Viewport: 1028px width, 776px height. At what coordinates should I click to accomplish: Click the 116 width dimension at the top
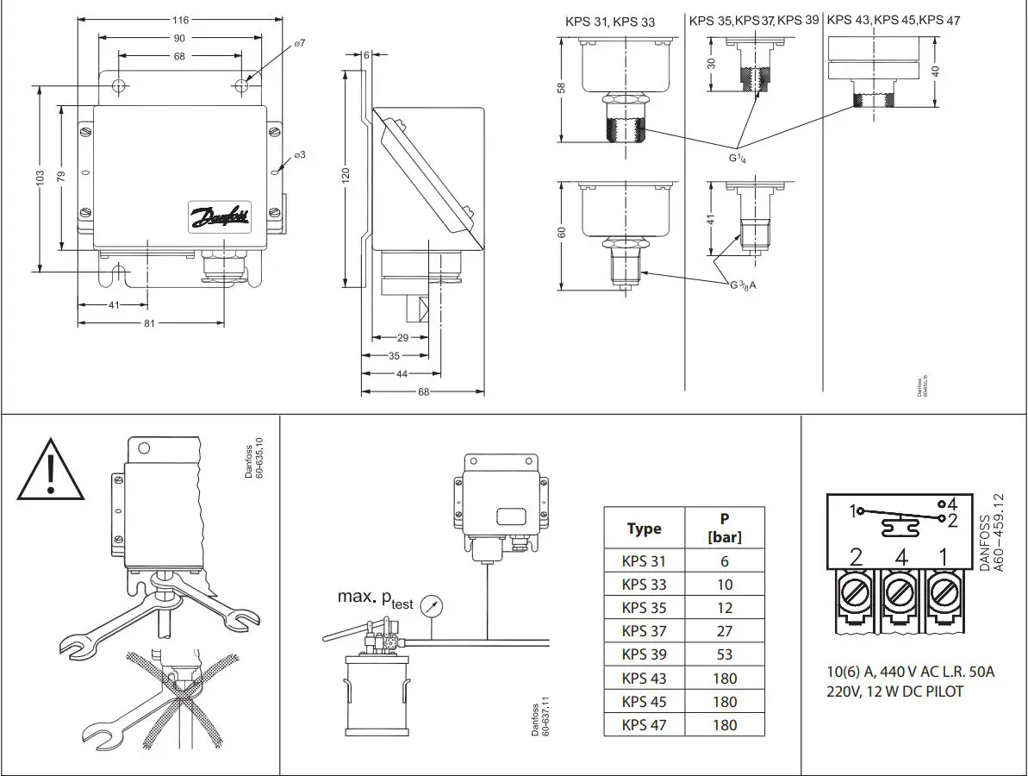tap(180, 19)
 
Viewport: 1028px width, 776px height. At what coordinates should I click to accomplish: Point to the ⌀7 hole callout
tap(300, 43)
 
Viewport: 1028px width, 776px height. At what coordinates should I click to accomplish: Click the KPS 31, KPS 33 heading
tap(610, 22)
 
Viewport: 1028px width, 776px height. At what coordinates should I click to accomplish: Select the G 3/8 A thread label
tap(740, 285)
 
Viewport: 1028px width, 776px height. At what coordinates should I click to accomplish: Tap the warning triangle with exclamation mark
tap(52, 471)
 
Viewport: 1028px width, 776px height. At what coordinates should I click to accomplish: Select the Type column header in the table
tap(644, 529)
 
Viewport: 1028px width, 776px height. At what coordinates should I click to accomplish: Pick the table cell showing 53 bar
tap(725, 654)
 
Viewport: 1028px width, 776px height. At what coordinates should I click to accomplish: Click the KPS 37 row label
tap(644, 631)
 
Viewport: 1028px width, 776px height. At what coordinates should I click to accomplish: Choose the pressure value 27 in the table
tap(725, 631)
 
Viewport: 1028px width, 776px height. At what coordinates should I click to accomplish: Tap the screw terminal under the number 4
tap(900, 593)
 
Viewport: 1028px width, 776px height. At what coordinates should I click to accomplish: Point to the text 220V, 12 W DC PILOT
tap(894, 692)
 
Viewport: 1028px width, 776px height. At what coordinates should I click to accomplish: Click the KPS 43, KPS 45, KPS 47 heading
tap(894, 20)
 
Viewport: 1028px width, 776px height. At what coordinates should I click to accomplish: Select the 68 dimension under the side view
tap(422, 391)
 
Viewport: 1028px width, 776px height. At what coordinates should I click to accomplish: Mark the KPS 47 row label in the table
tap(644, 725)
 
